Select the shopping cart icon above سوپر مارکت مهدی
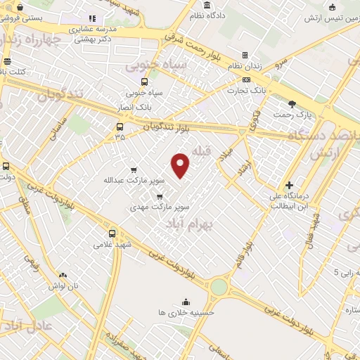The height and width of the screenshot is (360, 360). [160, 196]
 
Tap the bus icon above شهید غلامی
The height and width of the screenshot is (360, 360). [112, 233]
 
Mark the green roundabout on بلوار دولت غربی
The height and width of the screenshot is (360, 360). [219, 287]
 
